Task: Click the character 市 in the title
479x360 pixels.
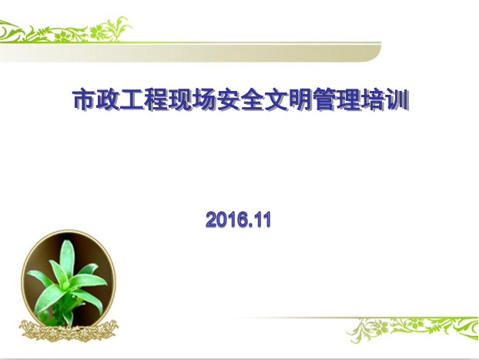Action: pyautogui.click(x=84, y=99)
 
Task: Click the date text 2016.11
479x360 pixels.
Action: pyautogui.click(x=238, y=219)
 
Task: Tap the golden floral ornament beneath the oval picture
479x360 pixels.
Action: pyautogui.click(x=69, y=331)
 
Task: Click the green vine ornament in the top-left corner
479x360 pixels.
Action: pyautogui.click(x=65, y=29)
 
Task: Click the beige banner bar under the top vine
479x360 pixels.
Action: pyautogui.click(x=190, y=52)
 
